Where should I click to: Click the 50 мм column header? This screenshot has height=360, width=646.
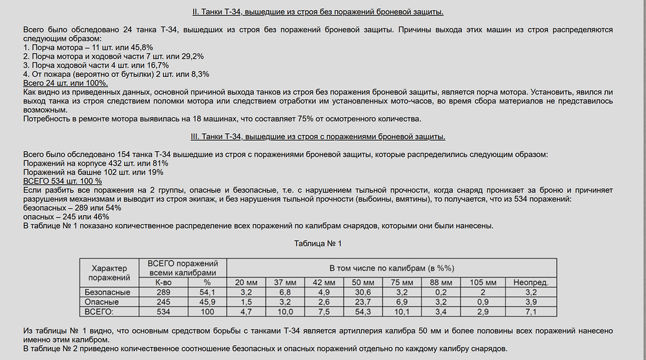(x=362, y=282)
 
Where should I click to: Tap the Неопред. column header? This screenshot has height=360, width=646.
(x=531, y=282)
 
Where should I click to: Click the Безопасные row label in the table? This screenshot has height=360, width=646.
(x=107, y=292)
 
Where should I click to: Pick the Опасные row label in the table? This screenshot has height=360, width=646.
(x=107, y=302)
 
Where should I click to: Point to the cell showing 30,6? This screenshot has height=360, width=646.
(x=362, y=292)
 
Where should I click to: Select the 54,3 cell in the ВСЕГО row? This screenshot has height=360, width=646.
(x=362, y=312)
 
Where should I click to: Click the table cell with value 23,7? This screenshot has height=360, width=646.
(x=362, y=302)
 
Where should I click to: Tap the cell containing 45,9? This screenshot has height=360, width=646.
(x=207, y=302)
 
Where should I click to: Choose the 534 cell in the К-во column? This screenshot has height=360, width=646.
(x=164, y=312)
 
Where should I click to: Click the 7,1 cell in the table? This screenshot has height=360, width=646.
(x=531, y=312)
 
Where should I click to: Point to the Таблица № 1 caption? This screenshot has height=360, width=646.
(x=317, y=244)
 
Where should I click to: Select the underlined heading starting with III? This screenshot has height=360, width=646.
(x=318, y=136)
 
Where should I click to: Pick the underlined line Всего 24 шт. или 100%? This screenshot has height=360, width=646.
(x=65, y=83)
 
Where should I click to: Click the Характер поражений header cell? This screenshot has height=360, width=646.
(x=107, y=273)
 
